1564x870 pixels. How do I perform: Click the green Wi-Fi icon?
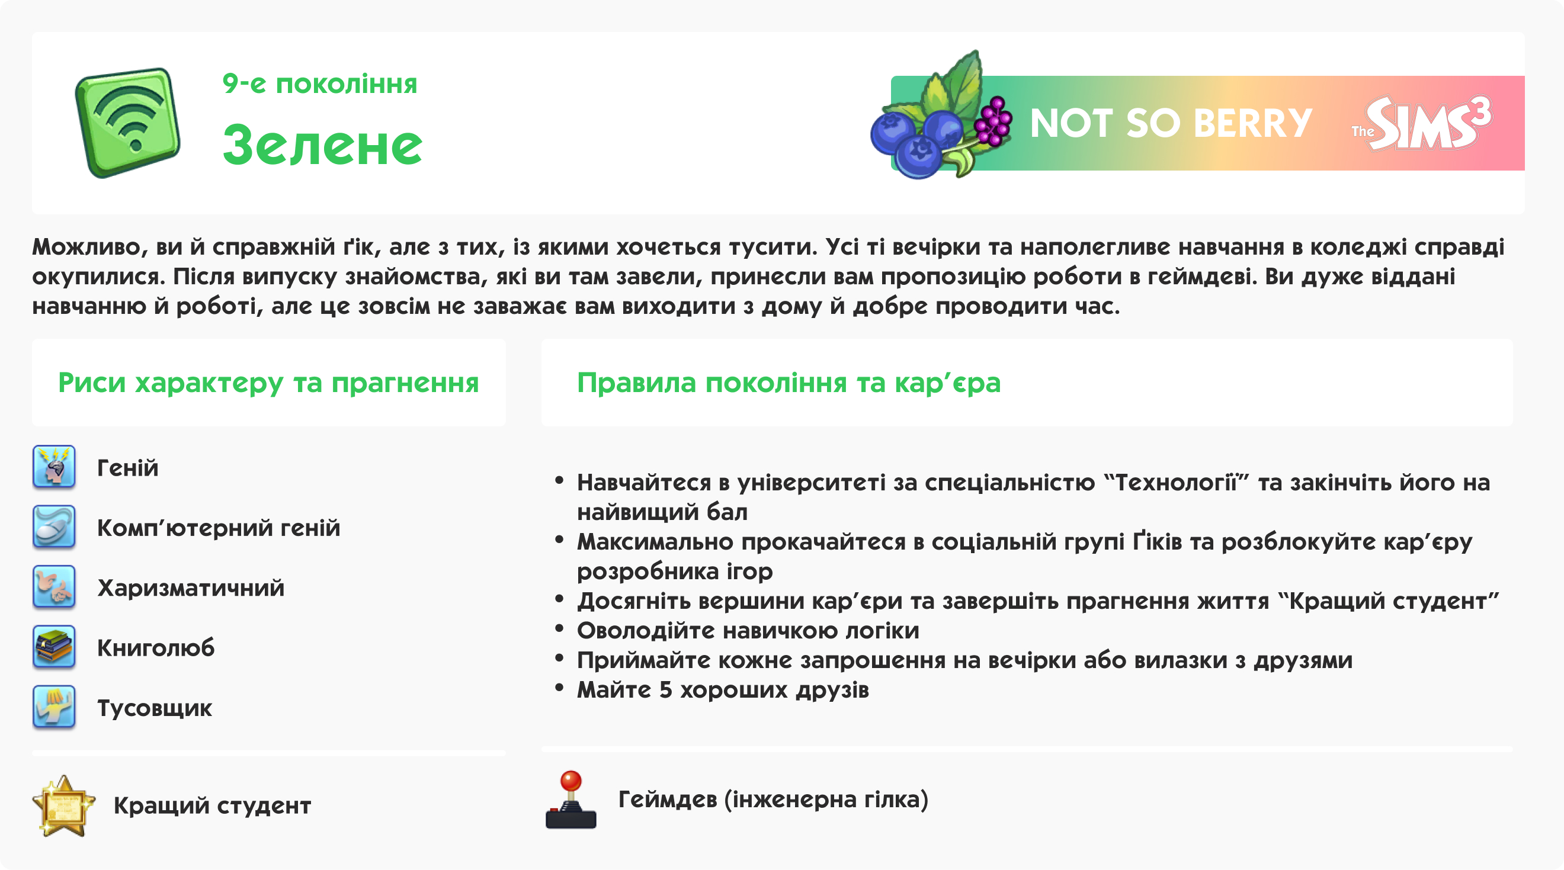[x=127, y=123]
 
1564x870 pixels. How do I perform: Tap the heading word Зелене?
[x=322, y=145]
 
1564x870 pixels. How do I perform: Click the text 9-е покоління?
[x=319, y=84]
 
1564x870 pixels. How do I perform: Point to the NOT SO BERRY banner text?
[x=1171, y=123]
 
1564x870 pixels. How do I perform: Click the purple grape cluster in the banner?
[x=993, y=121]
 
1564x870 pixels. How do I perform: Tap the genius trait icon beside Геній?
[x=54, y=467]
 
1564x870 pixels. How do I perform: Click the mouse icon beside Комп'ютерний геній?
[x=54, y=527]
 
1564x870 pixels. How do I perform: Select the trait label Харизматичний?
[x=191, y=588]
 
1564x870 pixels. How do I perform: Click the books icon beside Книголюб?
[x=54, y=647]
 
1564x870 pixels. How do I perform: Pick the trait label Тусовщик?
[x=155, y=708]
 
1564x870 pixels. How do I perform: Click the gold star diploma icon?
[x=63, y=805]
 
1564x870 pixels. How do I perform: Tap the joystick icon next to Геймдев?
[x=571, y=800]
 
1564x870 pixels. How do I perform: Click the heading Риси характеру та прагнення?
[x=268, y=383]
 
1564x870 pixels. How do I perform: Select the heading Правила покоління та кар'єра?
[x=788, y=383]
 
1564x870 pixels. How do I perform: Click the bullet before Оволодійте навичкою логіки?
[x=559, y=628]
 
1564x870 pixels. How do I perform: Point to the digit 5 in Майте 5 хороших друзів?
[x=665, y=691]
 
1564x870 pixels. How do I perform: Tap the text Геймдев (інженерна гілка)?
[x=773, y=800]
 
